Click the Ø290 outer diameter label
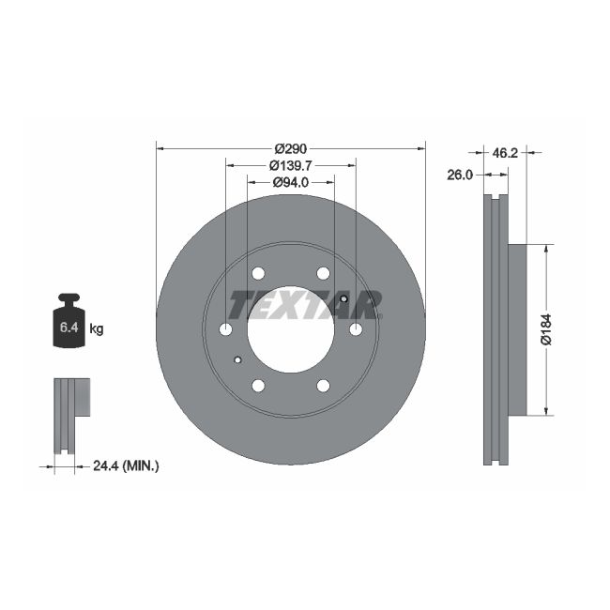pos(291,148)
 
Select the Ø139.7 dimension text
pos(291,165)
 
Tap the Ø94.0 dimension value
pos(291,182)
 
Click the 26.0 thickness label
pos(460,175)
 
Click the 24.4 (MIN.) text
pos(127,465)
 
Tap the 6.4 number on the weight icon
pos(69,328)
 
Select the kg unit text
pos(96,328)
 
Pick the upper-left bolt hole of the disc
pos(258,273)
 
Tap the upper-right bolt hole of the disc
pos(323,273)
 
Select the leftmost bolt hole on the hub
pos(225,329)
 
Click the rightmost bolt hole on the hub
pos(356,329)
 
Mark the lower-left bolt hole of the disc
pos(258,386)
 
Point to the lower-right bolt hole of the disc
pos(323,386)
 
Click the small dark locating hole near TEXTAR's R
pos(344,299)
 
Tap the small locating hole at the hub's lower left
pos(237,359)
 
